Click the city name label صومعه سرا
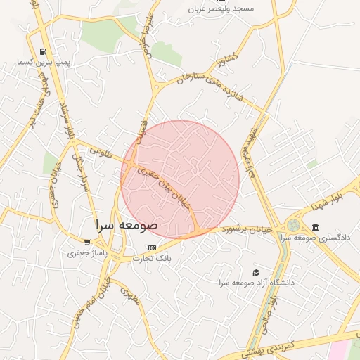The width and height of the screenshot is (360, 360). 127,224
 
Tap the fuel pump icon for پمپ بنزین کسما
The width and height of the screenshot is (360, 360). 44,51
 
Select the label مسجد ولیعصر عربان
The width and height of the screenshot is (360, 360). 221,8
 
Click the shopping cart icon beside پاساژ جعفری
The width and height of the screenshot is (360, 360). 87,243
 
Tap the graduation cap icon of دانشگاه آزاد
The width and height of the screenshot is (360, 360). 256,272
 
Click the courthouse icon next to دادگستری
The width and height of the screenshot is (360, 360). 314,227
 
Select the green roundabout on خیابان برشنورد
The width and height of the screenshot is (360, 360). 293,226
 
